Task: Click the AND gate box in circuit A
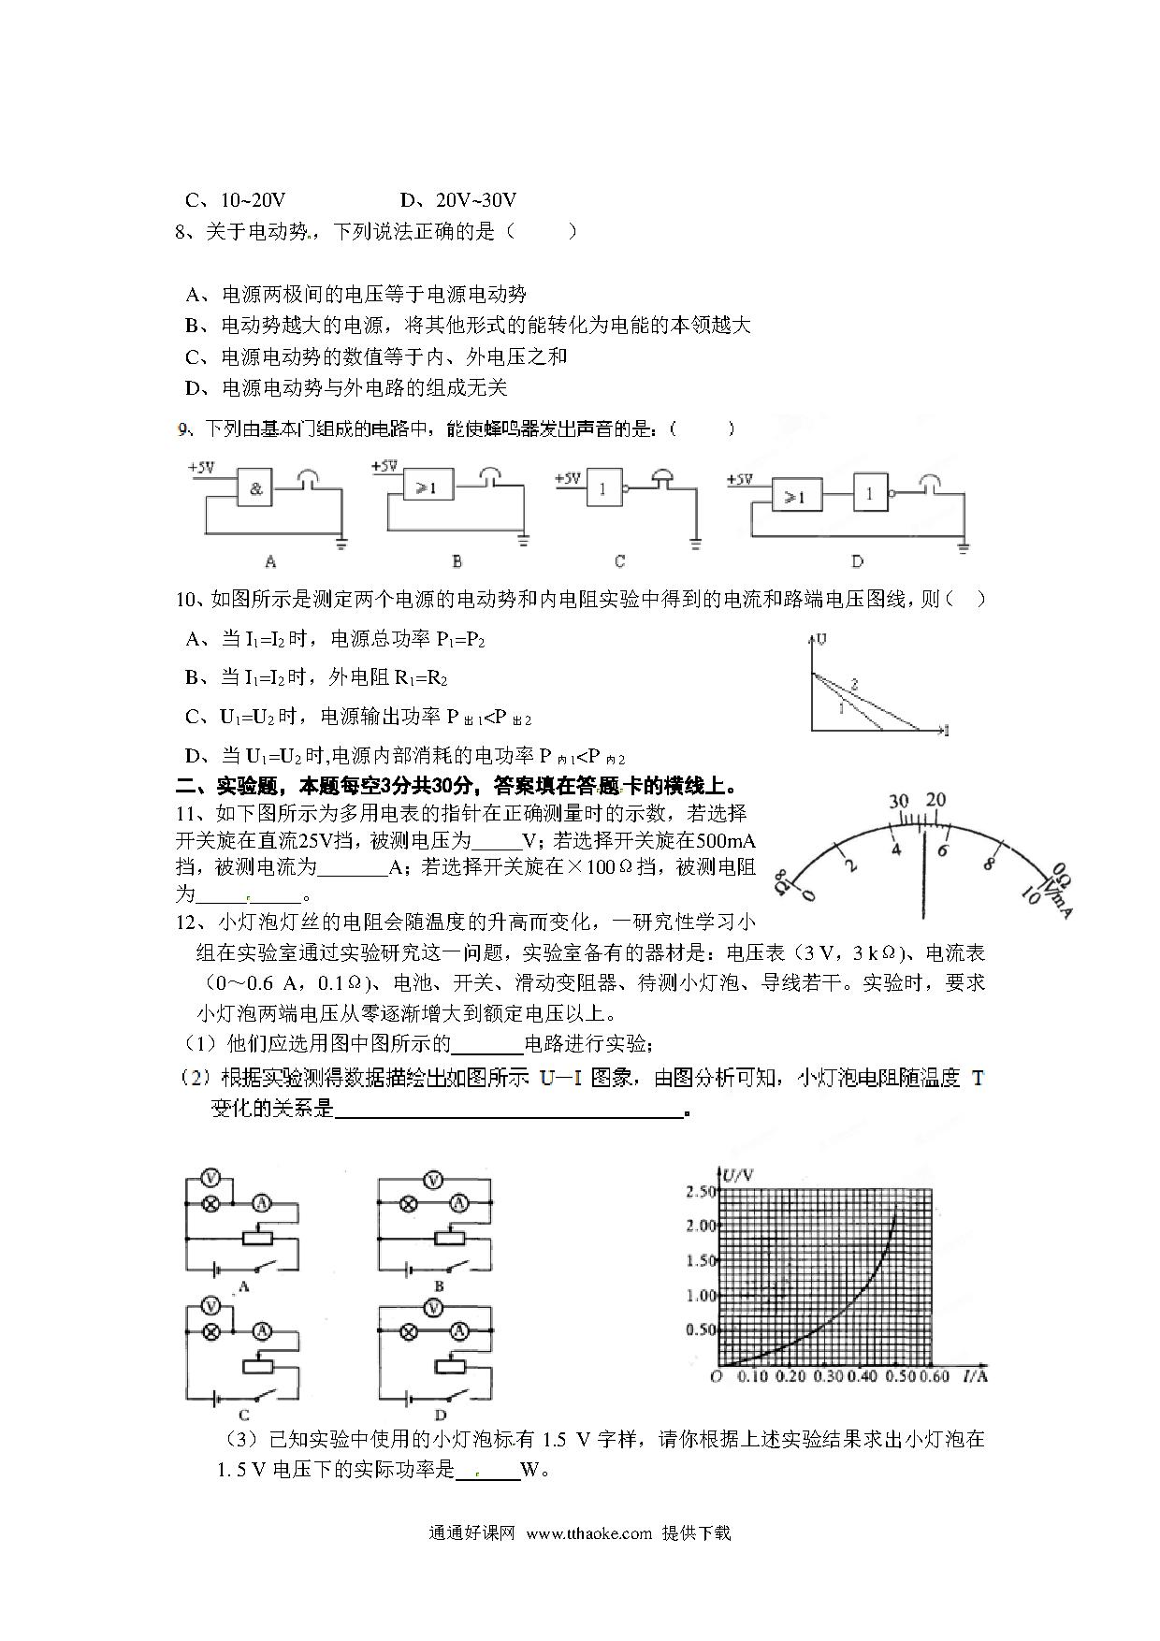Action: [x=256, y=488]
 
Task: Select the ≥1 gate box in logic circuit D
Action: [x=795, y=496]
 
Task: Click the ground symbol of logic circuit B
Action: [x=523, y=540]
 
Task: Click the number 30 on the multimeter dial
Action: [x=899, y=802]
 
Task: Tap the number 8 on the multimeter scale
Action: [x=988, y=864]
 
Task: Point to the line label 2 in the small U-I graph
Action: [x=854, y=685]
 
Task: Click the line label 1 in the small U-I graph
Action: [x=841, y=708]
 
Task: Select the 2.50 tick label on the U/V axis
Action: [x=701, y=1192]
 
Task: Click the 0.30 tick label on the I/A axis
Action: [x=829, y=1376]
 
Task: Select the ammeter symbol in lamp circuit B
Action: [x=458, y=1203]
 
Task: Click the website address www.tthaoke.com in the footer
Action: [x=588, y=1532]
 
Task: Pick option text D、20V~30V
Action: [x=458, y=200]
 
